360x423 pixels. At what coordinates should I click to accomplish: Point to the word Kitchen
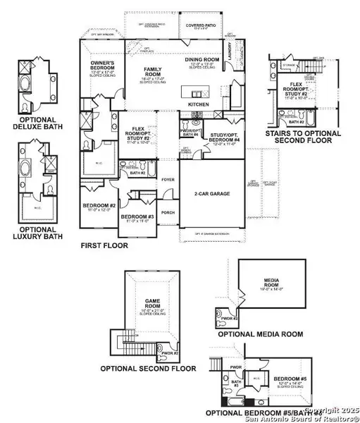(199, 104)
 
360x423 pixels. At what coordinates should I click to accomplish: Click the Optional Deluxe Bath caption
(39, 125)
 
